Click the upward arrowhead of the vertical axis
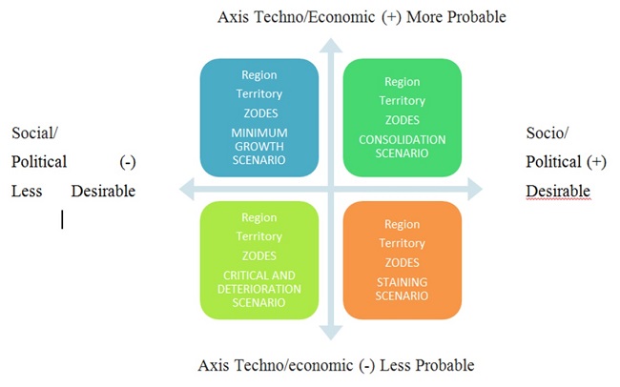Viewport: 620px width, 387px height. tap(330, 45)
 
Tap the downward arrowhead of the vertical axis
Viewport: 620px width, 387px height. tap(330, 334)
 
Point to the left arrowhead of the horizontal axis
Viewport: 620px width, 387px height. tap(187, 190)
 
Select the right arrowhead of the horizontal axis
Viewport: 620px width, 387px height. tap(474, 190)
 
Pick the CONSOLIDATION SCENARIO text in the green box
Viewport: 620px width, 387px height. tap(402, 146)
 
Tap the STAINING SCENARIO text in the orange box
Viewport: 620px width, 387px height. tap(402, 288)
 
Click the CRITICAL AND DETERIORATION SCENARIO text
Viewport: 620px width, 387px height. tap(258, 289)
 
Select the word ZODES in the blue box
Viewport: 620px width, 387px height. tap(258, 113)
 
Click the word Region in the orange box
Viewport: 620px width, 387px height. tap(402, 224)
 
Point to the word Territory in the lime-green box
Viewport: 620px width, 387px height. tap(258, 236)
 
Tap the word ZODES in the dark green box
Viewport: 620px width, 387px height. tap(402, 119)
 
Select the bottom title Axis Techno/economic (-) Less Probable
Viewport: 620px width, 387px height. tap(335, 365)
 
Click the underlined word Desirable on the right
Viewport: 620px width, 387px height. tap(558, 192)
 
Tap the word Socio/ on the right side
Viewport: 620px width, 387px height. tap(547, 133)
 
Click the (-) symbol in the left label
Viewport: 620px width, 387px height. tap(128, 162)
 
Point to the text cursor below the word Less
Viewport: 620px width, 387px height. tap(63, 219)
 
